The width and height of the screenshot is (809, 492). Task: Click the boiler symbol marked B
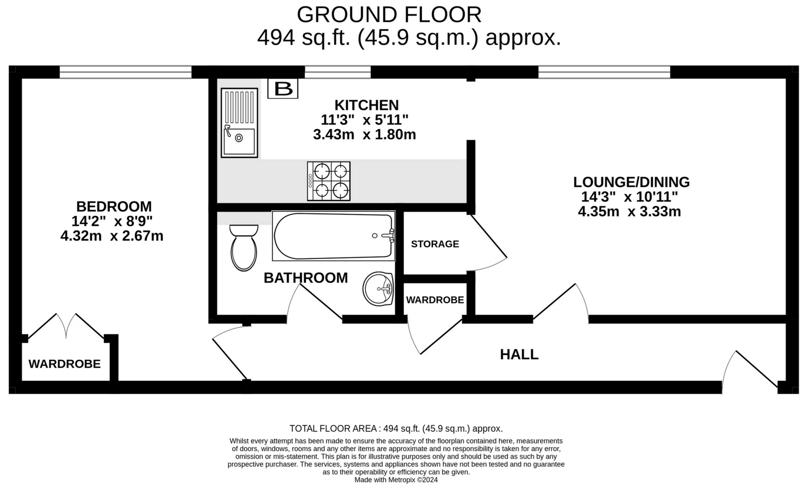click(x=282, y=88)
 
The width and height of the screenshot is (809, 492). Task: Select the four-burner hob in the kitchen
click(x=328, y=181)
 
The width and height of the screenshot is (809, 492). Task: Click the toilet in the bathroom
click(x=244, y=248)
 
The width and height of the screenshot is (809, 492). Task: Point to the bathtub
click(x=334, y=236)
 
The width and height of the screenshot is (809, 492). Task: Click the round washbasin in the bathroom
click(x=378, y=289)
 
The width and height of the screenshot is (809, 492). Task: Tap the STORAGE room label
click(x=435, y=244)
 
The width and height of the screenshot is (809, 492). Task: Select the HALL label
click(x=519, y=354)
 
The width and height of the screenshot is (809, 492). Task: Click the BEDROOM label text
click(x=114, y=207)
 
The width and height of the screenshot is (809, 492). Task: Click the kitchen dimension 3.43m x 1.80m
click(x=364, y=135)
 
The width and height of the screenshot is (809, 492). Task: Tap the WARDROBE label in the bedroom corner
click(x=64, y=364)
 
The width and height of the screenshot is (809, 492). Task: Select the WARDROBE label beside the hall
click(x=435, y=300)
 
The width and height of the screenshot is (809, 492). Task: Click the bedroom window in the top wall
click(x=125, y=72)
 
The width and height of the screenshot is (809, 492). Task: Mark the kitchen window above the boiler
click(x=338, y=72)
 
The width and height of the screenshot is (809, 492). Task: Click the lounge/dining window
click(x=604, y=72)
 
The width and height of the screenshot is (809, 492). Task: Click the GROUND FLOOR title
click(x=389, y=15)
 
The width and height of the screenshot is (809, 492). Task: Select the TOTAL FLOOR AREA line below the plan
click(x=396, y=428)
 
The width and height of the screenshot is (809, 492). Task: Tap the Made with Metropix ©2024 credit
click(x=396, y=480)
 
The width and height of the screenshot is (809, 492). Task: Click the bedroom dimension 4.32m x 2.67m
click(x=112, y=236)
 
